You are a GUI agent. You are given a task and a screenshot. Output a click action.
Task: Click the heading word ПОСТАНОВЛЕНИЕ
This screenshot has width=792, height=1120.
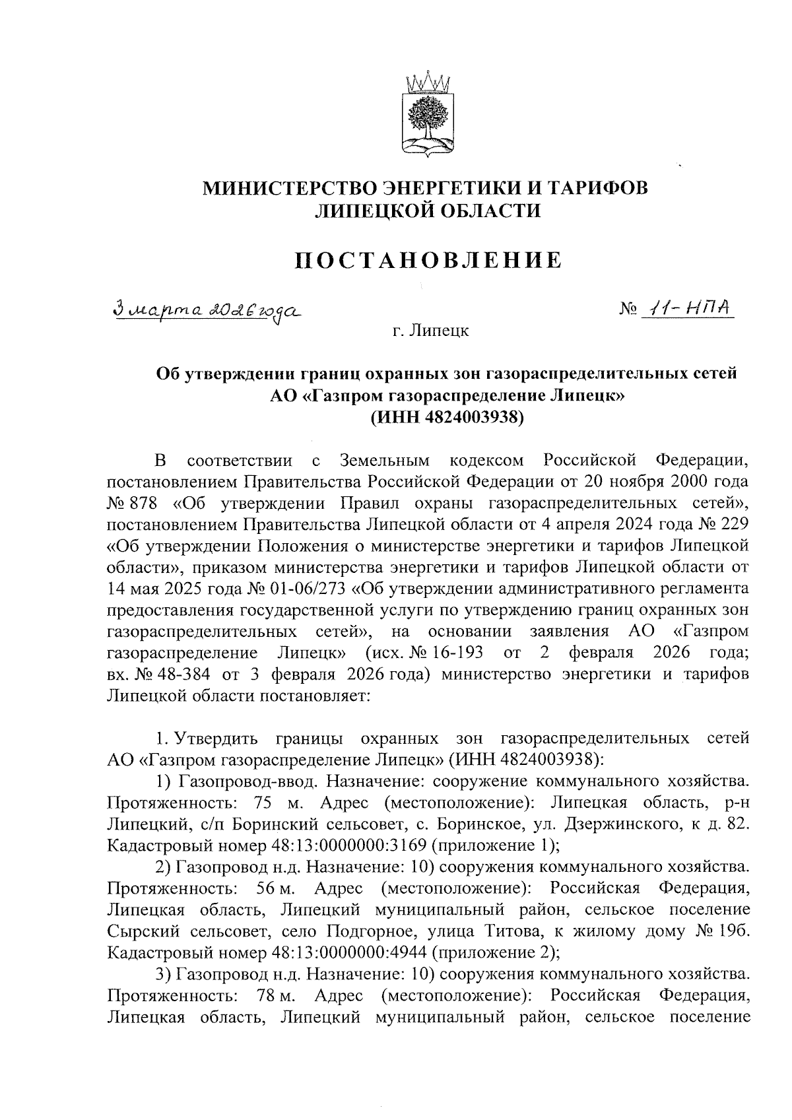tap(427, 259)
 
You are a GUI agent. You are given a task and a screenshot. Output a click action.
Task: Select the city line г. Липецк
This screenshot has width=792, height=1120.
tap(429, 331)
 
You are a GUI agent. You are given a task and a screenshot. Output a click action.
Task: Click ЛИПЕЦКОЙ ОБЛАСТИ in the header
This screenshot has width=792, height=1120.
tap(427, 211)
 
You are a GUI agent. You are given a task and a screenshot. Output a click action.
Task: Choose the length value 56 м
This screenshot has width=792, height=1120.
tap(276, 888)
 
